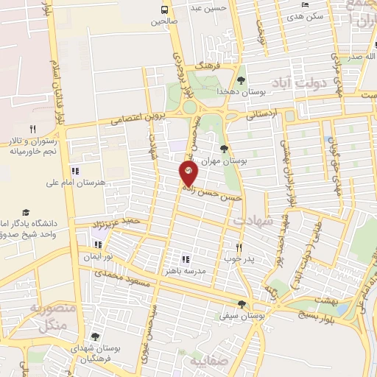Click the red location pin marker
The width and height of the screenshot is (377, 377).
point(188,174)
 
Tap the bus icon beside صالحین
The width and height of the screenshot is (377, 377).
point(164,10)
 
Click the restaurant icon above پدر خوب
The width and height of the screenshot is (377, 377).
point(238,247)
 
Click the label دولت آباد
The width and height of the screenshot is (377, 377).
point(299,84)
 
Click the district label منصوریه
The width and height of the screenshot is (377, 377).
point(51,309)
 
